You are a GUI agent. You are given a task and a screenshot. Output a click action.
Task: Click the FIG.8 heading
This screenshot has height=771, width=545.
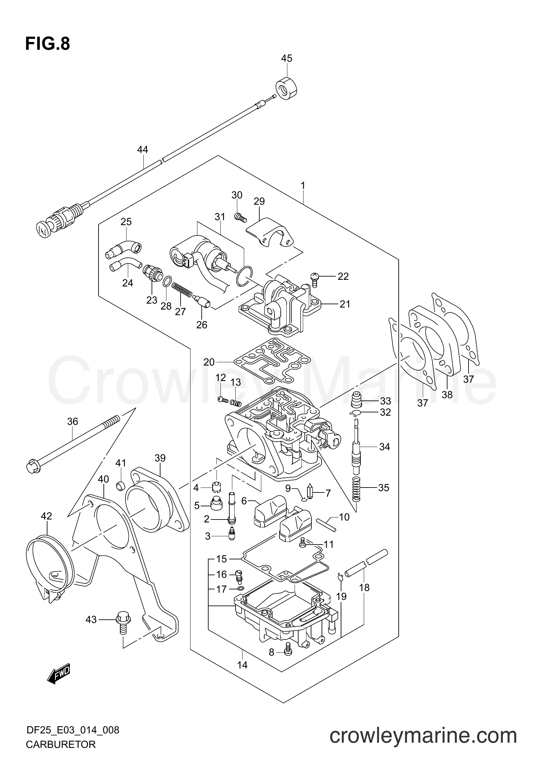click(48, 44)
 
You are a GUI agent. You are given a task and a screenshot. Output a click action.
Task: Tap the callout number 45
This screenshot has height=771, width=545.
click(287, 58)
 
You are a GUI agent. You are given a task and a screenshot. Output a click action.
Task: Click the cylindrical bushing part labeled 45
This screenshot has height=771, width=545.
click(288, 88)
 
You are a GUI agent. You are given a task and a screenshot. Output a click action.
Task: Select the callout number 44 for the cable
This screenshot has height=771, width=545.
click(143, 149)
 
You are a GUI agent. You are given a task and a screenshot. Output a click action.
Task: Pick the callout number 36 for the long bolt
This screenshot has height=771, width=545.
click(72, 422)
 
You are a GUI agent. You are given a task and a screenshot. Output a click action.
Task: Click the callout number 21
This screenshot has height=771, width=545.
click(345, 304)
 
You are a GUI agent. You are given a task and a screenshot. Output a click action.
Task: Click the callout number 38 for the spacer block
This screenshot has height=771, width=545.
click(447, 395)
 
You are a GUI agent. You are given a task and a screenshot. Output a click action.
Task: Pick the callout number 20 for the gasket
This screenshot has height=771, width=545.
click(209, 362)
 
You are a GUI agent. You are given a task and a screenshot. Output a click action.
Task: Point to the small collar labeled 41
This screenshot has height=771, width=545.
click(121, 486)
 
